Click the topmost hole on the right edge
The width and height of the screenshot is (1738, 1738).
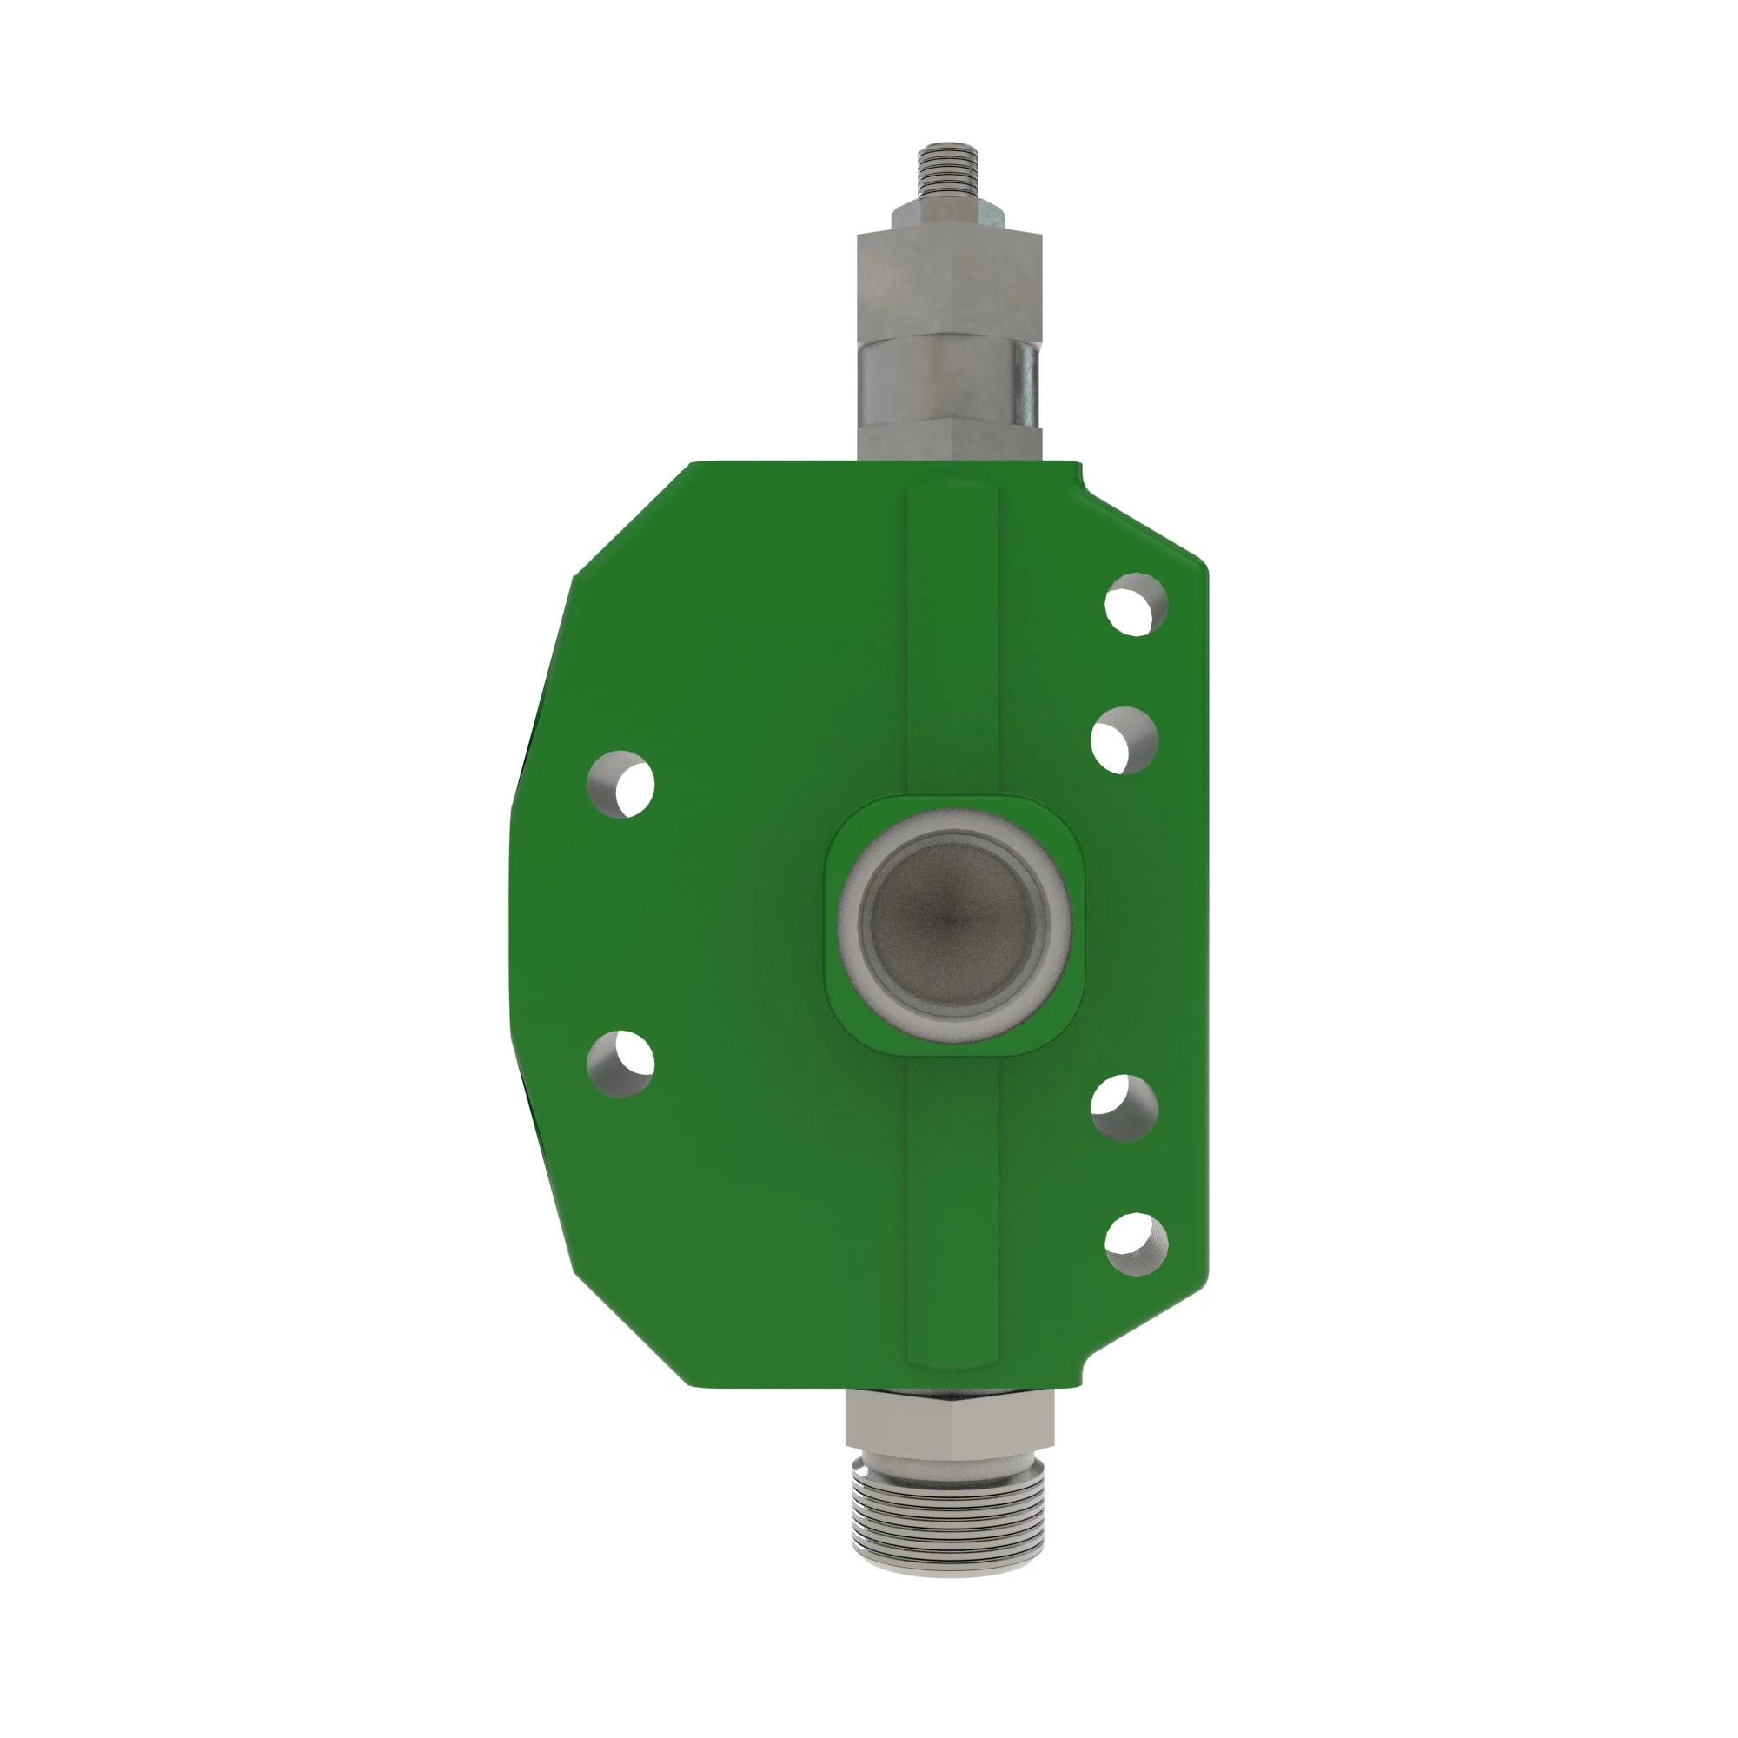click(1135, 605)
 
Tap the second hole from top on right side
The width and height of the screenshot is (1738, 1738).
click(1124, 740)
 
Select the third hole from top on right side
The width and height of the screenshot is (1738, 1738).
click(1124, 1107)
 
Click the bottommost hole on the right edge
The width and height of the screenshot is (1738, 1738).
click(1135, 1244)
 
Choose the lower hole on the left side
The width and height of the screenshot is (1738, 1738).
click(620, 1065)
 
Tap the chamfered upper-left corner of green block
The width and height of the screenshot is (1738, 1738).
click(630, 521)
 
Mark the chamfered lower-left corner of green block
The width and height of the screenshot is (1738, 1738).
click(630, 1331)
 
